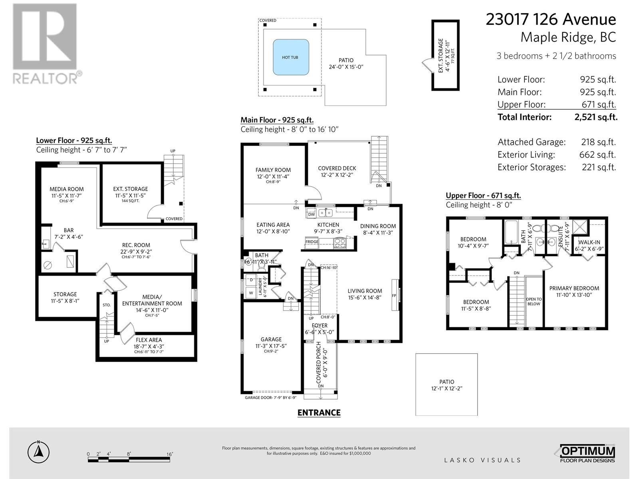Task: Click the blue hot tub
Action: pyautogui.click(x=291, y=57)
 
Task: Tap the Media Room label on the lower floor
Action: pyautogui.click(x=67, y=189)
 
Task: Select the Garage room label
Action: pyautogui.click(x=271, y=339)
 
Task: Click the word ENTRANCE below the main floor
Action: pyautogui.click(x=319, y=413)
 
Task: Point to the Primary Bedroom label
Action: pyautogui.click(x=574, y=288)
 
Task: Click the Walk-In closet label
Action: pyautogui.click(x=589, y=242)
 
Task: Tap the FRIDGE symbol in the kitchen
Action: pyautogui.click(x=312, y=241)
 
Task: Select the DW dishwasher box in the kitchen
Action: pyautogui.click(x=312, y=214)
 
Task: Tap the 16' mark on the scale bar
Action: pyautogui.click(x=169, y=454)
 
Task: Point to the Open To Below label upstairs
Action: pyautogui.click(x=534, y=301)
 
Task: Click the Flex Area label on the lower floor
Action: pyautogui.click(x=149, y=340)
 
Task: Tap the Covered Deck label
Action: pyautogui.click(x=337, y=168)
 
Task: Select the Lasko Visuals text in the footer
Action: pyautogui.click(x=482, y=460)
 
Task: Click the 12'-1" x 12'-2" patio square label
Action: pyautogui.click(x=447, y=385)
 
